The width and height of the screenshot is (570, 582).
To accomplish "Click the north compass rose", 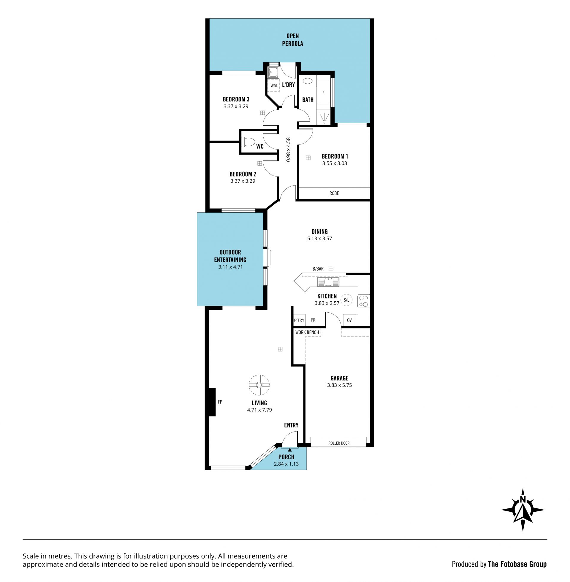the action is (x=523, y=510).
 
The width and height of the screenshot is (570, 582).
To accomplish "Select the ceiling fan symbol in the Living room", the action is (x=259, y=385).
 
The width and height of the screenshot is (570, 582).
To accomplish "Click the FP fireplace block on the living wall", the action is (x=212, y=402).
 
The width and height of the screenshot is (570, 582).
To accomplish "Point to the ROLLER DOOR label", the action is (x=339, y=443).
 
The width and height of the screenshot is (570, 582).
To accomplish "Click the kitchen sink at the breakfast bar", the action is (x=328, y=282).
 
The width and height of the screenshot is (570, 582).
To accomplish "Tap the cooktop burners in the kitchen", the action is (x=364, y=301).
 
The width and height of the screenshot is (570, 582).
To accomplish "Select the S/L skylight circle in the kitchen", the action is (x=346, y=300).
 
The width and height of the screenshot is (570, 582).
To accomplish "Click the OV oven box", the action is (x=349, y=320).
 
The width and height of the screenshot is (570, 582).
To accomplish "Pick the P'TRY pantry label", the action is (x=299, y=320).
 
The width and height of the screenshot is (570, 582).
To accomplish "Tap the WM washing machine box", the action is (x=274, y=85).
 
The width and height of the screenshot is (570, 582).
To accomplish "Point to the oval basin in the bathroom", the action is (x=308, y=81).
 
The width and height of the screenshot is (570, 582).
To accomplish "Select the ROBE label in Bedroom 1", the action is (x=334, y=193).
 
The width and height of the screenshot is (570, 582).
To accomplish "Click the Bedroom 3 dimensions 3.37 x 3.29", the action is (x=236, y=106).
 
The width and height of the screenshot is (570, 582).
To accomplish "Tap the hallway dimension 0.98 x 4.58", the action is (x=288, y=150).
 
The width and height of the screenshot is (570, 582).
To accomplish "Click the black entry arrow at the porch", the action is (x=289, y=449).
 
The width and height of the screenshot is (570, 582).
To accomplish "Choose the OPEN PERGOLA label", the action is (x=292, y=40).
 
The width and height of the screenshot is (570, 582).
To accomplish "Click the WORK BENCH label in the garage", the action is (x=307, y=332).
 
